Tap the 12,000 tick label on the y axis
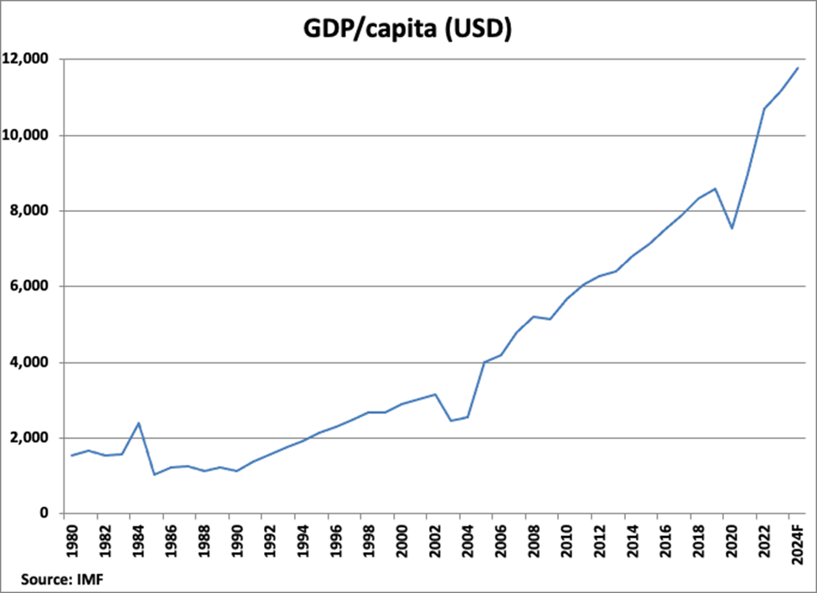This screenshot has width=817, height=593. pyautogui.click(x=28, y=59)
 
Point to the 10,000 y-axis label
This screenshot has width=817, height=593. pyautogui.click(x=28, y=135)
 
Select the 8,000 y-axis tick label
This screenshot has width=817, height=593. pyautogui.click(x=32, y=211)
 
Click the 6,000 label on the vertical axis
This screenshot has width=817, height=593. pyautogui.click(x=32, y=286)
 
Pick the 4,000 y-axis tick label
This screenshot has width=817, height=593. pyautogui.click(x=32, y=363)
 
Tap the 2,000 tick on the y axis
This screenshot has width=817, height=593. pyautogui.click(x=32, y=438)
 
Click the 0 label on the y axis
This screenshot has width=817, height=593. pyautogui.click(x=47, y=513)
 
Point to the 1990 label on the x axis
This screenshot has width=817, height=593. pyautogui.click(x=236, y=540)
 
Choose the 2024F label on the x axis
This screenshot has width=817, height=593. pyautogui.click(x=797, y=543)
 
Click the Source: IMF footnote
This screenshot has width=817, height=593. pyautogui.click(x=57, y=577)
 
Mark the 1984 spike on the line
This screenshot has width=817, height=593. pyautogui.click(x=138, y=423)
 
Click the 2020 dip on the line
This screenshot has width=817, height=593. pyautogui.click(x=732, y=228)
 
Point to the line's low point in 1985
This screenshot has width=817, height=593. pyautogui.click(x=155, y=475)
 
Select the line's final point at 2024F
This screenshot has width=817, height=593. pyautogui.click(x=798, y=68)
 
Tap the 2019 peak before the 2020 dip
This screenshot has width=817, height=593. pyautogui.click(x=716, y=188)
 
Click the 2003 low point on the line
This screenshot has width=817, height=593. pyautogui.click(x=452, y=420)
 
